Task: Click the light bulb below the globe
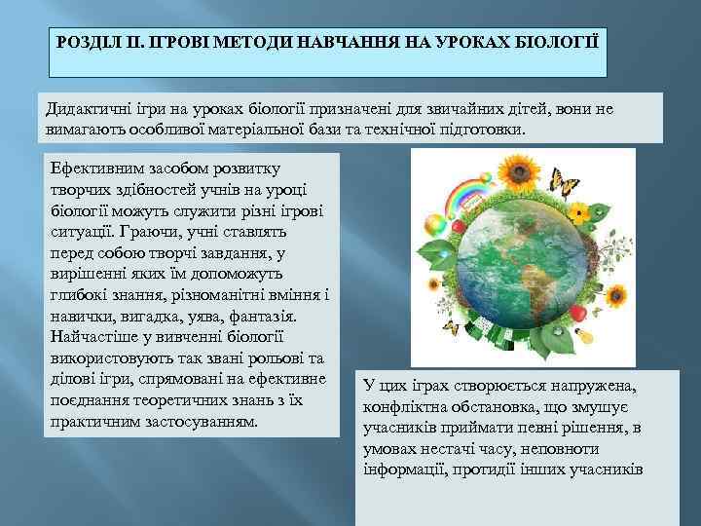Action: point(586,334)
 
